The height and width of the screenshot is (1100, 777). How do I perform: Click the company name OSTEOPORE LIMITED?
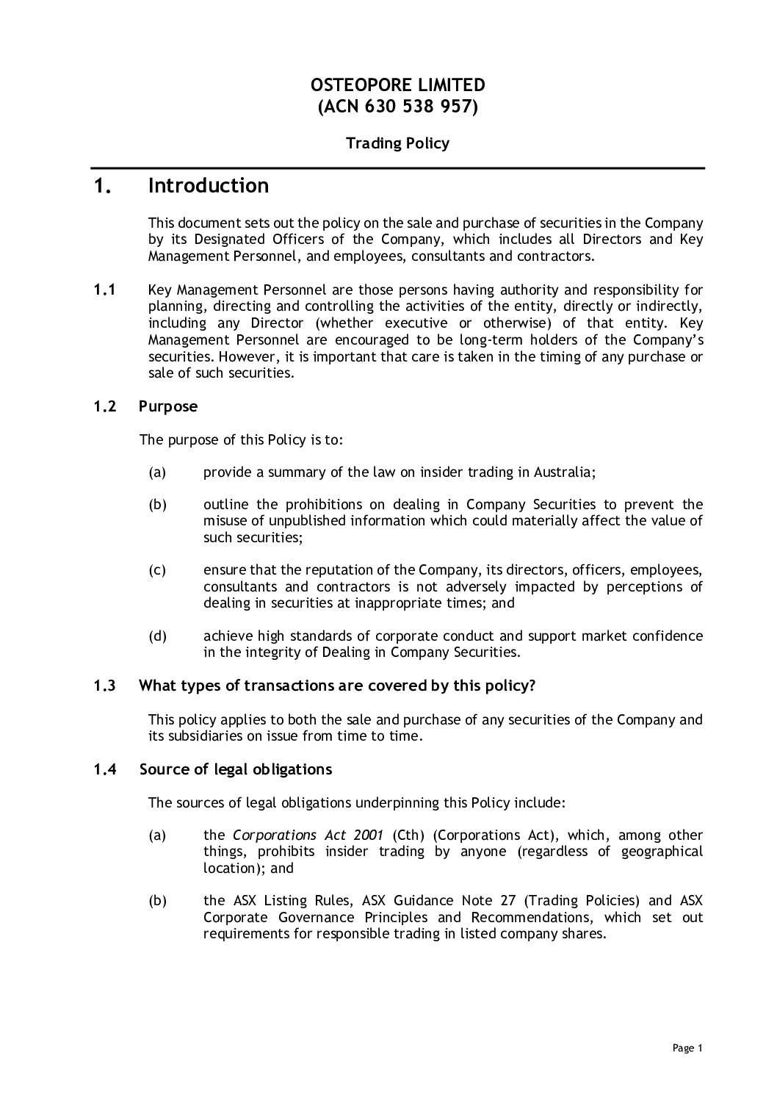[x=397, y=85]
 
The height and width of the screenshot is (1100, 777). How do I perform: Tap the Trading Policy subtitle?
[x=397, y=143]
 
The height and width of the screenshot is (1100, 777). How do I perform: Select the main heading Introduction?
[x=209, y=186]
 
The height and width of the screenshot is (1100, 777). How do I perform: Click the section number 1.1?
[x=105, y=290]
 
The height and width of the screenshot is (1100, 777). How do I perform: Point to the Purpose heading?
[x=168, y=406]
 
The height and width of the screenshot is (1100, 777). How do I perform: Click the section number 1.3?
[x=104, y=686]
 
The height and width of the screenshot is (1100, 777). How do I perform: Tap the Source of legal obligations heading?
[x=235, y=769]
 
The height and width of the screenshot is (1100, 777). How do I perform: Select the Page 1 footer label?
[x=688, y=1049]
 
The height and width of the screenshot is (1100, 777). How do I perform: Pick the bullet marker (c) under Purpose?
[x=157, y=570]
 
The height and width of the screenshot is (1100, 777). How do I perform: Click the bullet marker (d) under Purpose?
[x=157, y=636]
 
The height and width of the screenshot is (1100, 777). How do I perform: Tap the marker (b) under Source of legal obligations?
[x=157, y=901]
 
